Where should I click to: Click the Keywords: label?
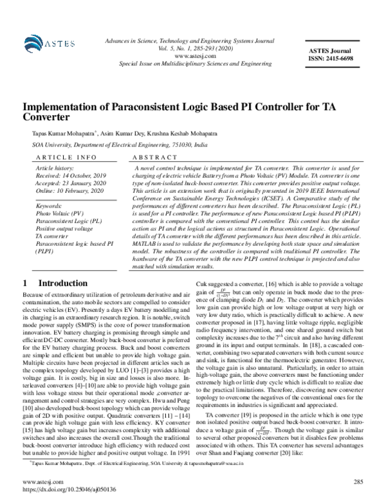click(x=48, y=204)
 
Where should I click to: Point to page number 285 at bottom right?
click(x=358, y=480)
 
